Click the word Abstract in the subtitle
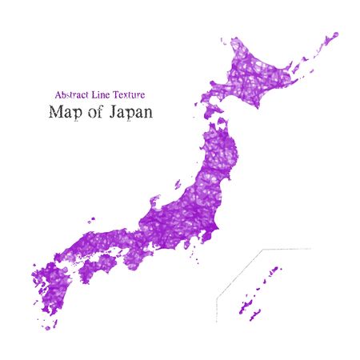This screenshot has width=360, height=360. coord(72,94)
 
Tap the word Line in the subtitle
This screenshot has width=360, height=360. coord(105,94)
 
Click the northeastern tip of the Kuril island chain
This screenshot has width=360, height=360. coord(334,35)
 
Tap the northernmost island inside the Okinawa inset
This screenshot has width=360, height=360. coord(278,270)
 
